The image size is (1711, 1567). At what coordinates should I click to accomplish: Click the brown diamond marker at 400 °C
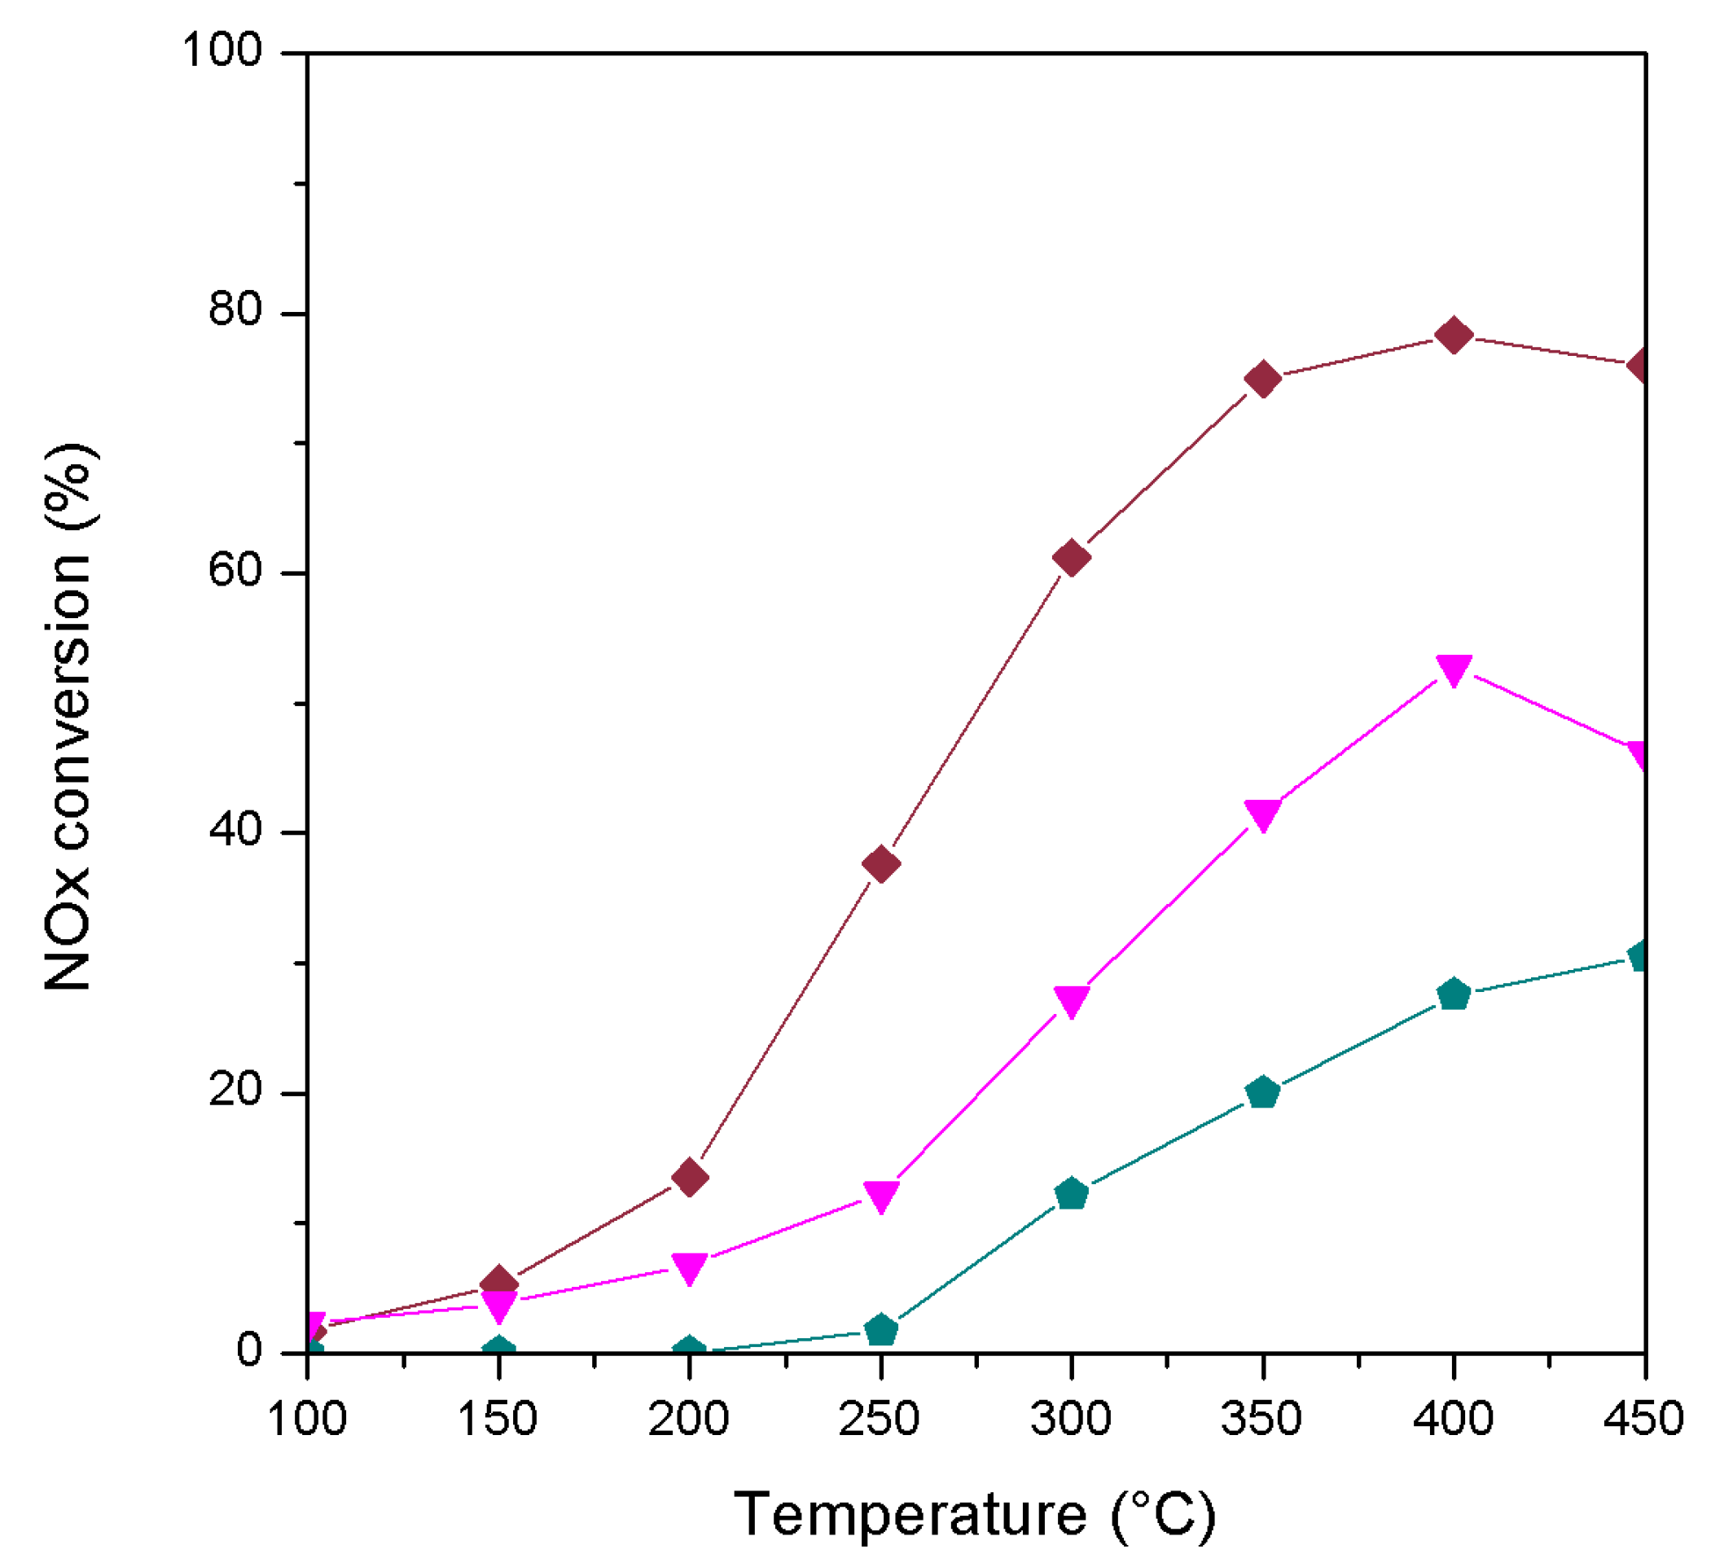coord(1453,336)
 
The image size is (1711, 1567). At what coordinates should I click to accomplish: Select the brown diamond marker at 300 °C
coord(1071,558)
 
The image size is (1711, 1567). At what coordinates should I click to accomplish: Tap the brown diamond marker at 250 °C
coord(881,864)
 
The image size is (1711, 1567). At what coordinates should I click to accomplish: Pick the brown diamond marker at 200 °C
coord(690,1178)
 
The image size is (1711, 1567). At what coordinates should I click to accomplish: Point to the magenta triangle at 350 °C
coord(1263,815)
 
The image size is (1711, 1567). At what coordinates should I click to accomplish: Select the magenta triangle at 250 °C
coord(881,1197)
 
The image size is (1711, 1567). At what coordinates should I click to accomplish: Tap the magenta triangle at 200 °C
coord(690,1269)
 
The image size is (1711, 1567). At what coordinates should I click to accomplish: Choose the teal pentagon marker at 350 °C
coord(1263,1092)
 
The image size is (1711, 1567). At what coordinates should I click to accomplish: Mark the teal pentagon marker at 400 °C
coord(1453,994)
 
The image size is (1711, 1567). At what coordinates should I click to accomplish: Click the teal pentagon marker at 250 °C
coord(881,1330)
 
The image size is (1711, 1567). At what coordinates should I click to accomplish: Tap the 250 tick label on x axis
coord(880,1419)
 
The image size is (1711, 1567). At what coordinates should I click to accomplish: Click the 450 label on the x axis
coord(1643,1419)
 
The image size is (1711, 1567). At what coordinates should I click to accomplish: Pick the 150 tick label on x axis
coord(498,1419)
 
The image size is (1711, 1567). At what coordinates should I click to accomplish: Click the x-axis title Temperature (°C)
coord(974,1514)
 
